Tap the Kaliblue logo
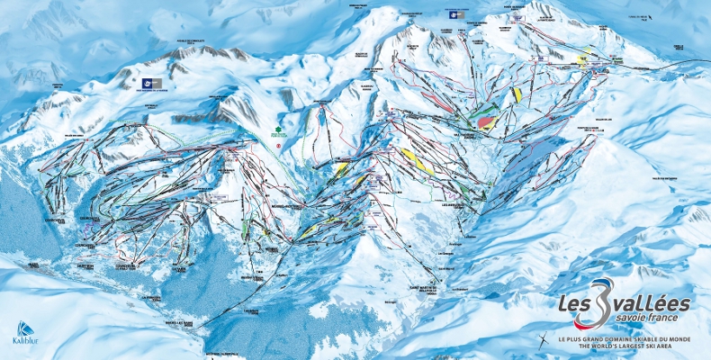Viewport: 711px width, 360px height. (x=26, y=334)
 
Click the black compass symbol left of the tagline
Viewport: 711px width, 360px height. (x=544, y=340)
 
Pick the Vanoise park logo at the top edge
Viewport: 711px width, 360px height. (x=452, y=13)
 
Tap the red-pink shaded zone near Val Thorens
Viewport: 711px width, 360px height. (x=488, y=121)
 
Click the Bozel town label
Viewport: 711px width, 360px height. (x=33, y=265)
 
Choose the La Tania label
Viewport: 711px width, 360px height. (x=181, y=269)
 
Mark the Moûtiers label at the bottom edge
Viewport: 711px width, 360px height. (x=220, y=352)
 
